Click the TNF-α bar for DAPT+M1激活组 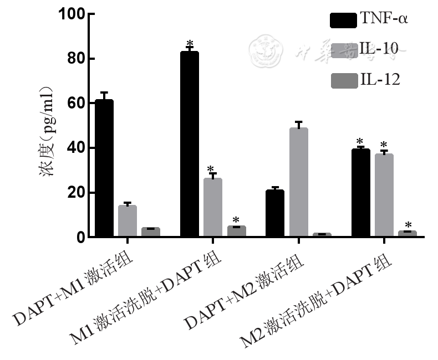tap(104, 168)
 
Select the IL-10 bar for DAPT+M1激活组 tap(127, 221)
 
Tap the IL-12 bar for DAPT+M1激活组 tap(150, 232)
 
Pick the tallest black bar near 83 tap(189, 144)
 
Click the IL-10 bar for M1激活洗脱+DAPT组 tap(212, 208)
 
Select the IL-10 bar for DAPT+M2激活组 tap(298, 183)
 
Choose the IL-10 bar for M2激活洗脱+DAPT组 tap(384, 195)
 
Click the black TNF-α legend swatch tap(343, 20)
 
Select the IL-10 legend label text tap(379, 49)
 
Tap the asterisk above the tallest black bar tap(190, 43)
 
